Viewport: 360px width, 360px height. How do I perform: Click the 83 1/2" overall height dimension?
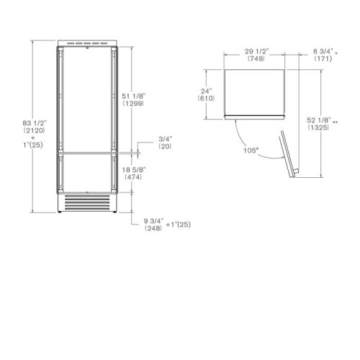point(35,123)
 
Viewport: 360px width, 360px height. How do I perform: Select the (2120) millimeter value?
point(35,130)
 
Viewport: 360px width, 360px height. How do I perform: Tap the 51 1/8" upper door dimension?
point(134,96)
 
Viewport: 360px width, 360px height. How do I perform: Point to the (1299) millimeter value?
point(133,104)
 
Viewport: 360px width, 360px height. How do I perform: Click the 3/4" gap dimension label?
point(166,139)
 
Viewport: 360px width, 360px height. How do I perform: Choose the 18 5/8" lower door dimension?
point(134,170)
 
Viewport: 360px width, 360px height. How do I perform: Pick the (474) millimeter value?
point(133,177)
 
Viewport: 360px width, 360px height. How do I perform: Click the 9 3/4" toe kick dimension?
point(153,221)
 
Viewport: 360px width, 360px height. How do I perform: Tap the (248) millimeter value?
point(153,228)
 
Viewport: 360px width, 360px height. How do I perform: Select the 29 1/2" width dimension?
point(256,51)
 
